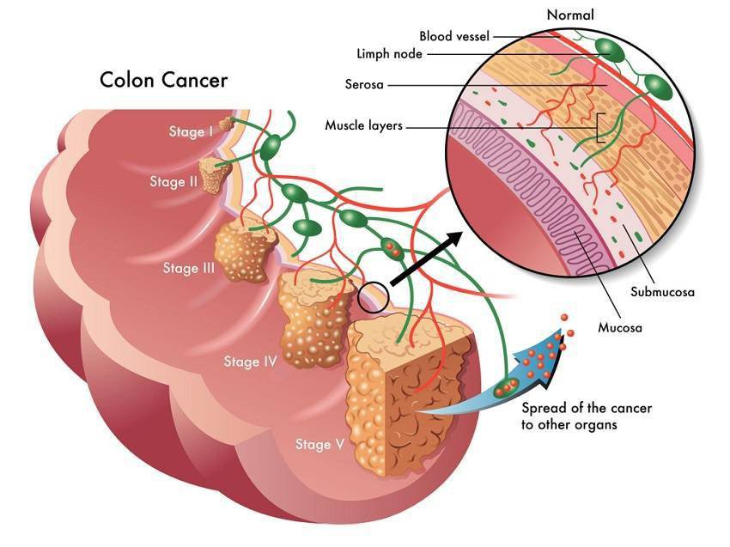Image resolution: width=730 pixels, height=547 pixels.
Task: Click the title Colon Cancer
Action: coord(163,80)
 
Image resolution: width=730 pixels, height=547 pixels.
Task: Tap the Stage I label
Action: coord(191,131)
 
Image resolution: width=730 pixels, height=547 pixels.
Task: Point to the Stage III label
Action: coord(188,268)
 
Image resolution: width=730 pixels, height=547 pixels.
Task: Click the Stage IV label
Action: coord(249,362)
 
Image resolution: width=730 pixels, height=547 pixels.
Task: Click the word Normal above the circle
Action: coord(569,15)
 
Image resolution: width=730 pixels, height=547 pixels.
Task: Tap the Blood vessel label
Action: coord(455,36)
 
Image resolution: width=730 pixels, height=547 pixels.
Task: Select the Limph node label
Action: coord(388,53)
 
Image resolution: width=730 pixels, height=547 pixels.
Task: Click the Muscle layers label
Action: coord(363,125)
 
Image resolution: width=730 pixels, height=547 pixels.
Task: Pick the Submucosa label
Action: coord(661,292)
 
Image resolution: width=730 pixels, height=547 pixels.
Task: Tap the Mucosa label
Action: coord(619,327)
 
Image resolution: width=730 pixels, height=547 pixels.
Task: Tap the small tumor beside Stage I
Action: coord(226,125)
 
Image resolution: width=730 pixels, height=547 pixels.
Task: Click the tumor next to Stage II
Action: coord(215,174)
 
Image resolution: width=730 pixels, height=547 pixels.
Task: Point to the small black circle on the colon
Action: coord(373,297)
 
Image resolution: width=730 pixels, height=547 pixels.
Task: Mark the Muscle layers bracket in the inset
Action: coord(601,127)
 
